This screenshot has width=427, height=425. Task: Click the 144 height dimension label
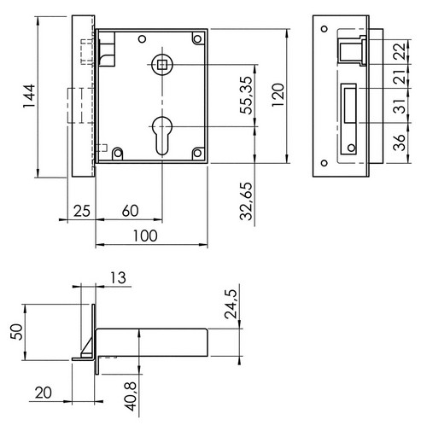point(29,96)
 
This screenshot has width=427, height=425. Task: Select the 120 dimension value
point(278,95)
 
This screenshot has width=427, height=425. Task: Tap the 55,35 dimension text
point(246,96)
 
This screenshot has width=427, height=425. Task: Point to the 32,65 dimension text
point(246,201)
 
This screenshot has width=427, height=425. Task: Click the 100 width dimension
point(145,236)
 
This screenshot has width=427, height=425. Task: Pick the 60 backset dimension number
point(131,211)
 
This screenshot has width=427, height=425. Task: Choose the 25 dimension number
point(82,211)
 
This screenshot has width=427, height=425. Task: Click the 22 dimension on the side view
point(400,51)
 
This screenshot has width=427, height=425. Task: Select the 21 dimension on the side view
point(400,76)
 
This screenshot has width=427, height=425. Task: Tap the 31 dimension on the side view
point(400,106)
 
